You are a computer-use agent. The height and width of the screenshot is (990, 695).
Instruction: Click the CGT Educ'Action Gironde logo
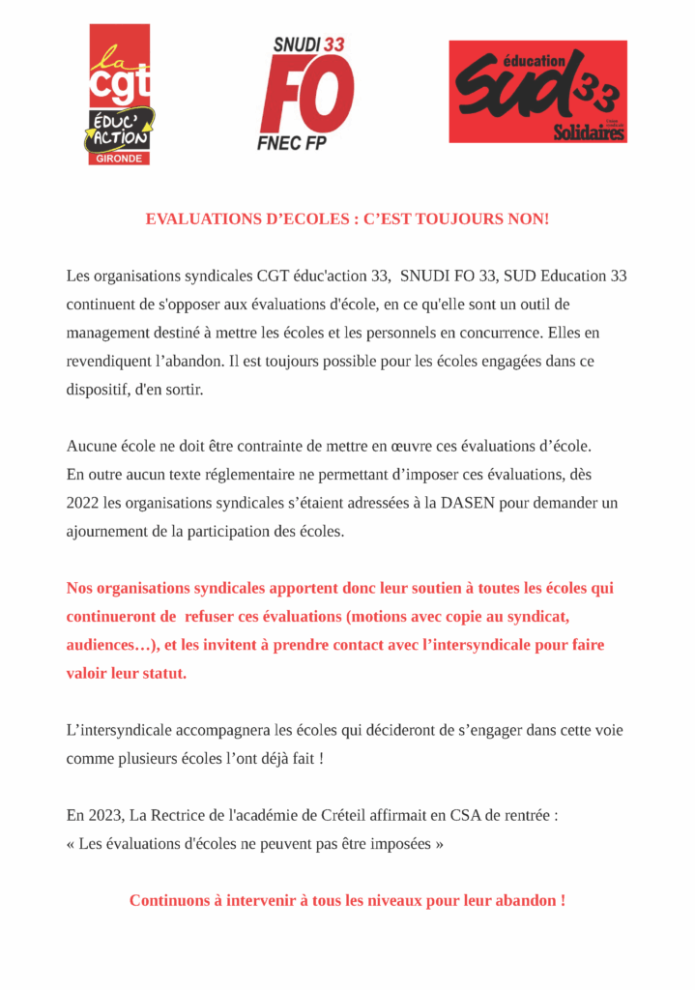click(120, 94)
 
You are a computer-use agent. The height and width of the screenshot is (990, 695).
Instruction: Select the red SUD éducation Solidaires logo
click(537, 92)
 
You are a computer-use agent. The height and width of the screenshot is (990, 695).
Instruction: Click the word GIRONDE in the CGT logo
click(120, 158)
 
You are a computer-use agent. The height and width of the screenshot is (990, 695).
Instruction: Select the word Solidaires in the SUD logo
click(589, 132)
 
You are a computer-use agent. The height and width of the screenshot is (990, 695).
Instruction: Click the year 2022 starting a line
click(83, 504)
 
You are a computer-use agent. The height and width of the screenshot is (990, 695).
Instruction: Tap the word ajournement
click(113, 532)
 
